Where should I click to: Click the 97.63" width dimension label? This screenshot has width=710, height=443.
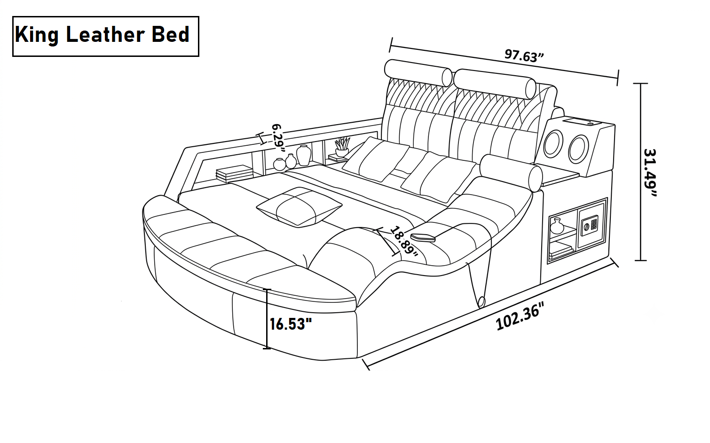tap(524, 56)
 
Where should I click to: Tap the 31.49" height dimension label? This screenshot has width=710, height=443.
tap(650, 173)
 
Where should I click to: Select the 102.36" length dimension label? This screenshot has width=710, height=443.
tap(520, 316)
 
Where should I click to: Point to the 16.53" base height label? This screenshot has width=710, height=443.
tap(291, 324)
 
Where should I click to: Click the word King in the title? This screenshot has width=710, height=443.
tap(37, 35)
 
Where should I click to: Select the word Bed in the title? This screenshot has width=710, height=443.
tap(171, 34)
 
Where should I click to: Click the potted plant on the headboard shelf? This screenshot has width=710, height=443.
tap(342, 147)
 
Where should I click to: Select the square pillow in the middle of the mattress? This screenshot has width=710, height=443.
tap(299, 207)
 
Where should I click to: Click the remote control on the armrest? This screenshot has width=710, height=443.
tap(423, 237)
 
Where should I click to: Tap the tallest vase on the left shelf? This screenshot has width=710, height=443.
tap(303, 155)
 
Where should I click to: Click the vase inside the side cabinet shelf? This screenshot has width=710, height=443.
tap(557, 226)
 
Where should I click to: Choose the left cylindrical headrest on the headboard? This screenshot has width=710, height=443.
tap(418, 73)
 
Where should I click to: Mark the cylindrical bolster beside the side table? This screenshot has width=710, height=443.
tap(511, 173)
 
